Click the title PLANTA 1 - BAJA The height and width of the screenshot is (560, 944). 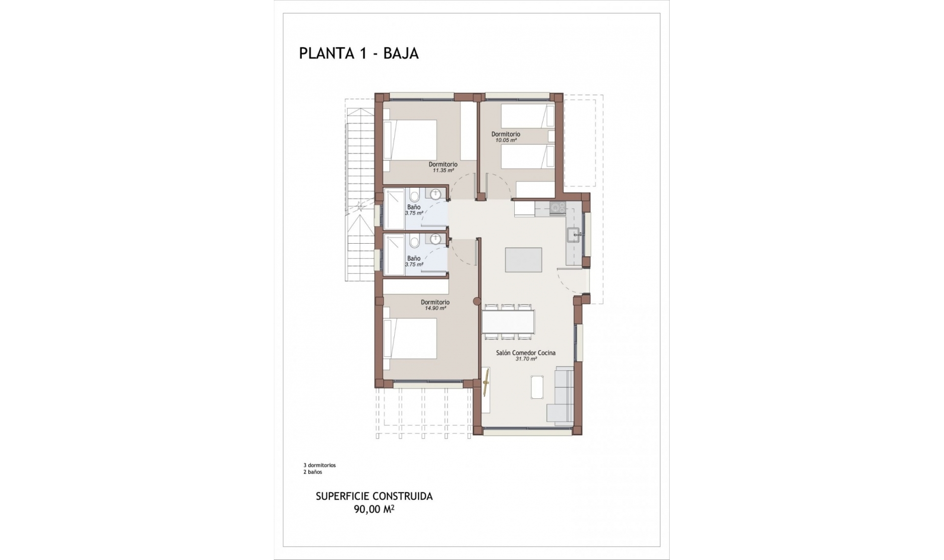click(x=358, y=53)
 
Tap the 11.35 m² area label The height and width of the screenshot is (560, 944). click(x=443, y=171)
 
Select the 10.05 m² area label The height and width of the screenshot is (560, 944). click(x=506, y=140)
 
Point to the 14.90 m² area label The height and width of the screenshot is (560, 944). click(x=435, y=308)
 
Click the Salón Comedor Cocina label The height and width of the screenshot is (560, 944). click(x=526, y=353)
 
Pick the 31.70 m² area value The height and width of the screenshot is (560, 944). click(x=526, y=359)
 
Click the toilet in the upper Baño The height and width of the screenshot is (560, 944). click(x=414, y=197)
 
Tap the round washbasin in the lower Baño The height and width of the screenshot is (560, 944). click(x=435, y=239)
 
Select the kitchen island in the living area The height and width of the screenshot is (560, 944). click(x=524, y=260)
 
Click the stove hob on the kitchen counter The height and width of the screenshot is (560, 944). click(x=557, y=208)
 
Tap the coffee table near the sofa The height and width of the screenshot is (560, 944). click(x=537, y=387)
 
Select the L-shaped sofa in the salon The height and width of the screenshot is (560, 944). click(x=561, y=396)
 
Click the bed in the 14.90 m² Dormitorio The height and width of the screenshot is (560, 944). click(x=410, y=339)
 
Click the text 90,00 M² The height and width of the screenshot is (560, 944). click(x=374, y=509)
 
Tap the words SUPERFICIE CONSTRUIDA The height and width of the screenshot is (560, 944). click(x=374, y=496)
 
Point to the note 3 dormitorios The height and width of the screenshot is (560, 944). click(x=320, y=465)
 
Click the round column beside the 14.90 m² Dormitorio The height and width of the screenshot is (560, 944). click(x=476, y=302)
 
